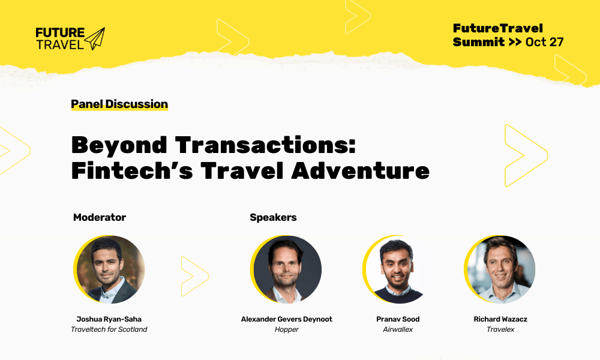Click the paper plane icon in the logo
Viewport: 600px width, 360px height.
pos(95,38)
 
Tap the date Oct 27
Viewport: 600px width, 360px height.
pos(544,42)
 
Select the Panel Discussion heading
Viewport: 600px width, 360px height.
pos(119,104)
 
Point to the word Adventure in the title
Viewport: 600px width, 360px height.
pos(360,170)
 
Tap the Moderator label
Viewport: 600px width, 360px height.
pos(100,217)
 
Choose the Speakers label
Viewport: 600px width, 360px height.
pos(273,217)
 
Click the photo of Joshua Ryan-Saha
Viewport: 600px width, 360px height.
pos(110,269)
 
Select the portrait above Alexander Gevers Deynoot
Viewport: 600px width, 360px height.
pos(287,269)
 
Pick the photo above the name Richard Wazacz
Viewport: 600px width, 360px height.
pos(500,269)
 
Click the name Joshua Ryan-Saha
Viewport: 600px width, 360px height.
pos(109,319)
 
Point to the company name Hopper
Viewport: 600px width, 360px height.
pos(287,329)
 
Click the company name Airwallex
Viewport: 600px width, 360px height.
pos(398,329)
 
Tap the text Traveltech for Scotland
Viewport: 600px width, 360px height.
pos(109,329)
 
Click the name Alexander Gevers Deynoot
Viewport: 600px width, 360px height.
pos(287,319)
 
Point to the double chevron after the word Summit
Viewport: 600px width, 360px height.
pos(515,43)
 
